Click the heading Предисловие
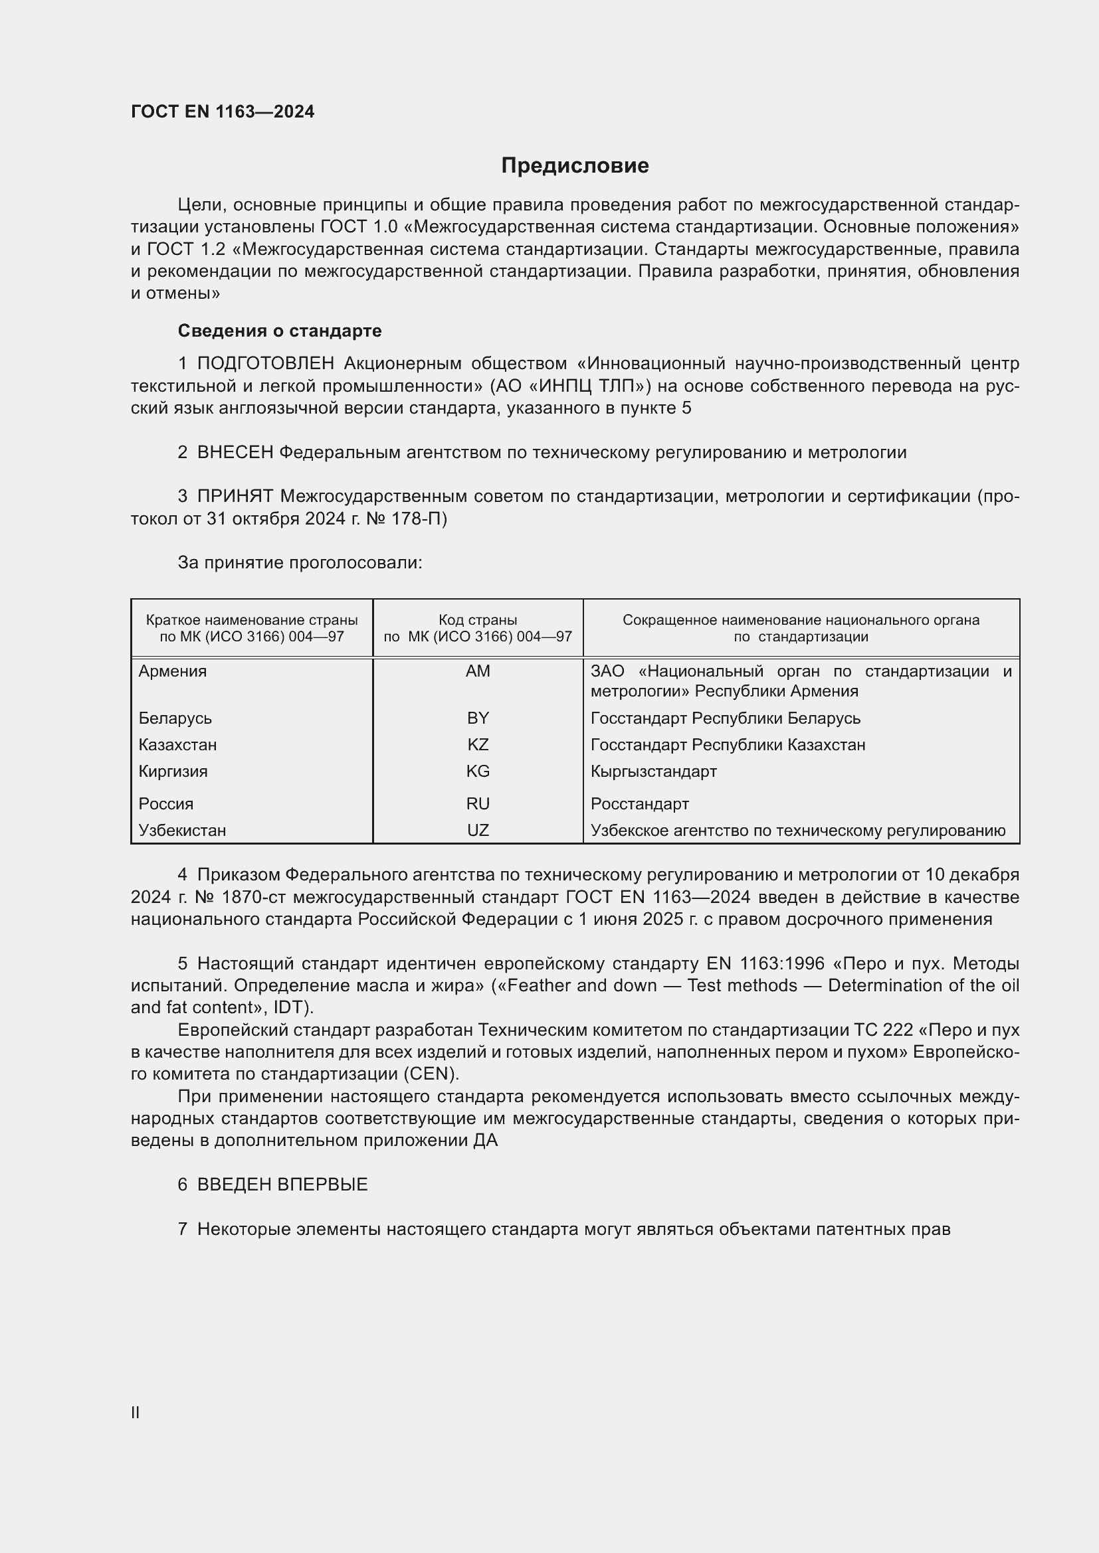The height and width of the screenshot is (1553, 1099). pos(575,166)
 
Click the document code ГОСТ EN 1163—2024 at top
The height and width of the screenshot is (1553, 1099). pos(223,112)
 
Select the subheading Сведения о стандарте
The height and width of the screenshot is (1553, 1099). pos(280,331)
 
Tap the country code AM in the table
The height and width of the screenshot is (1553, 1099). pos(478,671)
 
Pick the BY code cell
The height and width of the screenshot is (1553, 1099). pos(478,718)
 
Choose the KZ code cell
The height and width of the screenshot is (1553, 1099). pos(478,745)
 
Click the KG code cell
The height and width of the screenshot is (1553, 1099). pos(478,771)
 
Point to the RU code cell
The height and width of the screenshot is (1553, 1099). pos(478,803)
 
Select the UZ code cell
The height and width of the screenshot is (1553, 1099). pos(478,830)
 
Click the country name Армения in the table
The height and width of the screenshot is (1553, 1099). pos(173,671)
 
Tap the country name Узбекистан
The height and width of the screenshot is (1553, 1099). pos(182,830)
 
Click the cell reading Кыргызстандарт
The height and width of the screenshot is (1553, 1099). pos(653,771)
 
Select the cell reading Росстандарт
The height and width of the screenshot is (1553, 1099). pos(639,803)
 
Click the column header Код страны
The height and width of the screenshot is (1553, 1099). pos(478,620)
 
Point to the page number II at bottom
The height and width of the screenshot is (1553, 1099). pos(136,1412)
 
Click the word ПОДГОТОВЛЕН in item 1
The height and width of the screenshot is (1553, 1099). pos(265,364)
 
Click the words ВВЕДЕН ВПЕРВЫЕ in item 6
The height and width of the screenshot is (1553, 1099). pos(282,1185)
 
